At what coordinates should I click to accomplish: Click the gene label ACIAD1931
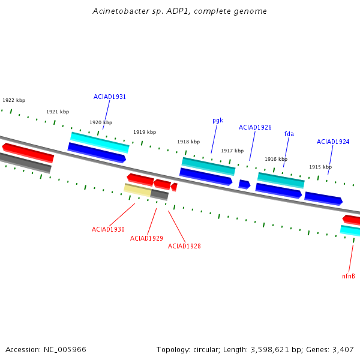click(110, 97)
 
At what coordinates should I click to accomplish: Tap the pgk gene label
click(218, 121)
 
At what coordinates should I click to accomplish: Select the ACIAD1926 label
click(255, 127)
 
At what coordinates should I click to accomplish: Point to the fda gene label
click(289, 134)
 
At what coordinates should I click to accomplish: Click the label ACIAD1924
click(333, 142)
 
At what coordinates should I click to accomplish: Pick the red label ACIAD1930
click(108, 229)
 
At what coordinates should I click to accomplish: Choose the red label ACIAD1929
click(146, 238)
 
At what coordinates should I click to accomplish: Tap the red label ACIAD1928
click(184, 246)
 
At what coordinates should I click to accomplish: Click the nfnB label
click(349, 276)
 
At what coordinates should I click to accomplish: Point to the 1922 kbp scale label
click(14, 100)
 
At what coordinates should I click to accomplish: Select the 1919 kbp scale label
click(145, 132)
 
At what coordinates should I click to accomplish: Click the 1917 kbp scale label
click(232, 151)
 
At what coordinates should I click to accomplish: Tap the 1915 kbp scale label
click(320, 167)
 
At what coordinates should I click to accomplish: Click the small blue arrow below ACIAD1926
click(244, 184)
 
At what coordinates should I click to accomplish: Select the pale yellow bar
click(137, 190)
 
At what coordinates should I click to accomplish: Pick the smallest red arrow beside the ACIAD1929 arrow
click(174, 187)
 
